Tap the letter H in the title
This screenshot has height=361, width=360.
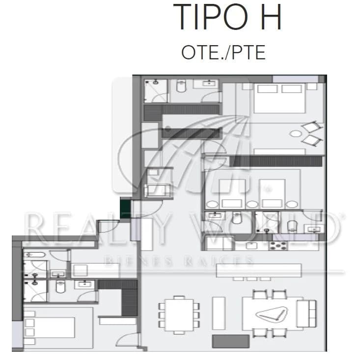click(271, 17)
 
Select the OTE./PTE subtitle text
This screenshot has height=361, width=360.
click(223, 52)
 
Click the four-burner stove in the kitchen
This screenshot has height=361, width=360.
click(278, 246)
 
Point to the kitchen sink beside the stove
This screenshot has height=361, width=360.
click(251, 246)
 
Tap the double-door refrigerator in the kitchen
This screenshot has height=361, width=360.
click(219, 243)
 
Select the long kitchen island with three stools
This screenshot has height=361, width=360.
click(259, 272)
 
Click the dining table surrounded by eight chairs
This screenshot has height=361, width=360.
click(179, 315)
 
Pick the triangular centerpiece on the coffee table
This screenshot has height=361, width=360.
click(272, 314)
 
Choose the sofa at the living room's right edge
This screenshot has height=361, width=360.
click(306, 313)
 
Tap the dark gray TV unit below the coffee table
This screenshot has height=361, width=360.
click(231, 341)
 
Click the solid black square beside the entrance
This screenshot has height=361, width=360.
click(125, 209)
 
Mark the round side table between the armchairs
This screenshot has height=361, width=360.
click(296, 133)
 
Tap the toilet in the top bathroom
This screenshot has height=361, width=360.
click(181, 86)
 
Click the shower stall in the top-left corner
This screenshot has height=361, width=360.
click(156, 91)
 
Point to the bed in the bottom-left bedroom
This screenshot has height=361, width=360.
click(49, 327)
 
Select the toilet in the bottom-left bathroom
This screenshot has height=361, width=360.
click(60, 287)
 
